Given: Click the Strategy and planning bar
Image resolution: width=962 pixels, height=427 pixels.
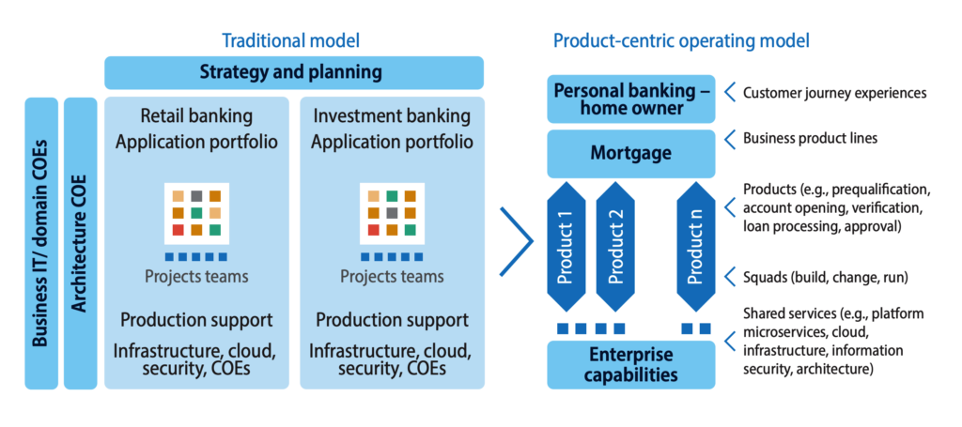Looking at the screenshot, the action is tap(294, 72).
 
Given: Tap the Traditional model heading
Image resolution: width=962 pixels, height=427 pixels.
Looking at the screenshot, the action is tap(290, 40).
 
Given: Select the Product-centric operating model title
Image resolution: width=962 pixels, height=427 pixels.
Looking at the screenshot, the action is tap(682, 41).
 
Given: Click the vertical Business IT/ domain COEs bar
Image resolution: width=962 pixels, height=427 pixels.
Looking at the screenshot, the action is tap(41, 243).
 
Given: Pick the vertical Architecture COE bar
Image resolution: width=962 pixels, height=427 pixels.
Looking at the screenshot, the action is tap(81, 243).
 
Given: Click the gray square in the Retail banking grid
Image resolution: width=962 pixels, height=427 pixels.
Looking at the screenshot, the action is tap(196, 197).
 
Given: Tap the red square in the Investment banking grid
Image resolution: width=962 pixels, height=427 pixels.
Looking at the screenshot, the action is tap(373, 230).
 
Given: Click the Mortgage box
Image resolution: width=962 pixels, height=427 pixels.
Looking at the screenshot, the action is tap(631, 153).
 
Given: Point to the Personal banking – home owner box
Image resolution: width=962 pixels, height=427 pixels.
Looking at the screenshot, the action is tap(631, 99).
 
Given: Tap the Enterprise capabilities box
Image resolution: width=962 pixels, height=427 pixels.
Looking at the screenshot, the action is tap(631, 364).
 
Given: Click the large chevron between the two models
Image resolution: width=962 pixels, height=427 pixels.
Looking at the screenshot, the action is tap(517, 241).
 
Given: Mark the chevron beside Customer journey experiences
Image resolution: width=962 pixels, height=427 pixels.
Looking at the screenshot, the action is tap(729, 93).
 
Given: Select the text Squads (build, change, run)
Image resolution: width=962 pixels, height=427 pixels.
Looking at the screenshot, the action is tap(826, 278).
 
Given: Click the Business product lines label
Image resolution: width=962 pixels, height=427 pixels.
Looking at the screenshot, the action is tap(810, 139).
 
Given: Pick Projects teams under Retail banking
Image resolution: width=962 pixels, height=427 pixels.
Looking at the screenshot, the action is tap(196, 276).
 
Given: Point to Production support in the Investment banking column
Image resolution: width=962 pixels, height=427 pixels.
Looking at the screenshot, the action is tap(392, 320).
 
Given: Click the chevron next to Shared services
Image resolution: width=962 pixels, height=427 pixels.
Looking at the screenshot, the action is tap(729, 341).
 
